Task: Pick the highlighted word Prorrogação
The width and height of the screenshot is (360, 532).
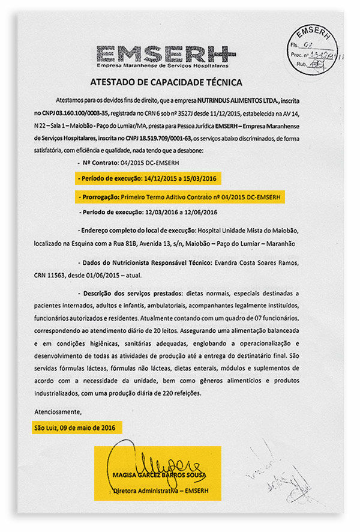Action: (98, 196)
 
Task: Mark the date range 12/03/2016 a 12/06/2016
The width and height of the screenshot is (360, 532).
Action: (181, 213)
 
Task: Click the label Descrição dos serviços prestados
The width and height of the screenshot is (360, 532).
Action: (133, 293)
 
